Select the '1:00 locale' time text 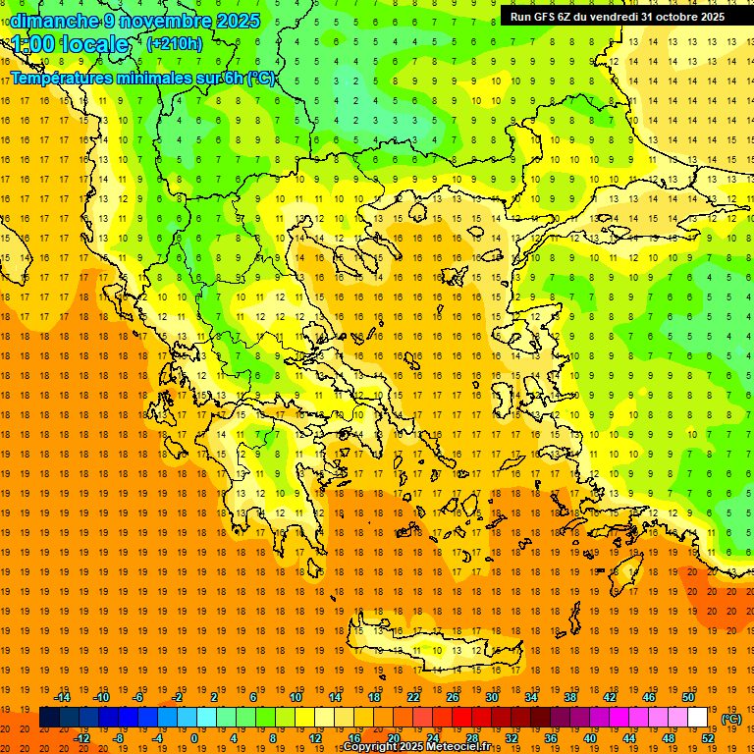click(71, 44)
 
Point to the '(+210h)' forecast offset click(175, 43)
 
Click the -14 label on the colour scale click(62, 697)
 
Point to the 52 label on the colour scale click(707, 738)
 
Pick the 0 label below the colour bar click(194, 738)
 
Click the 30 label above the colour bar click(491, 697)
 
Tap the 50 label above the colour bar click(687, 697)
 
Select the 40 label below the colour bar click(589, 738)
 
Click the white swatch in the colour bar click(697, 718)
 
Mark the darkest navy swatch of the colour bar click(49, 718)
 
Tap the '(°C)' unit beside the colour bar click(731, 719)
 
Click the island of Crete click(432, 643)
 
